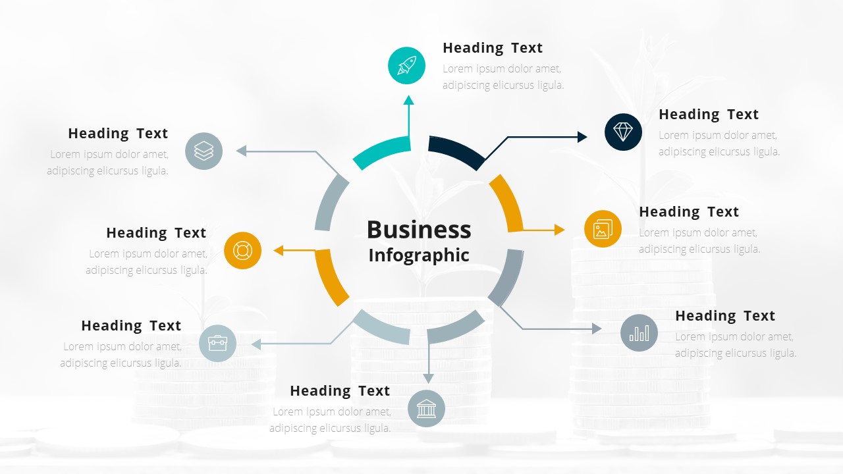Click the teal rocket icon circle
406,66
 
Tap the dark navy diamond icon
623,132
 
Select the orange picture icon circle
603,229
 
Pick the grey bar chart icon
639,332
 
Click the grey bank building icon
426,409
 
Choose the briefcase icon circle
217,343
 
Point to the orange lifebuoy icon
242,251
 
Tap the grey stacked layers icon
204,151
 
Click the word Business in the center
419,230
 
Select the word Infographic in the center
419,255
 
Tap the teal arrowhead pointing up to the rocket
409,100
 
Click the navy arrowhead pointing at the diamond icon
582,137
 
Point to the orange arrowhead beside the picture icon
560,230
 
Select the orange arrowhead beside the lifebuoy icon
279,250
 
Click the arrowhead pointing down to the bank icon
429,379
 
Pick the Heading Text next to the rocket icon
493,48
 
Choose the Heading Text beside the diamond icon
709,115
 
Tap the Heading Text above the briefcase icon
131,326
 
